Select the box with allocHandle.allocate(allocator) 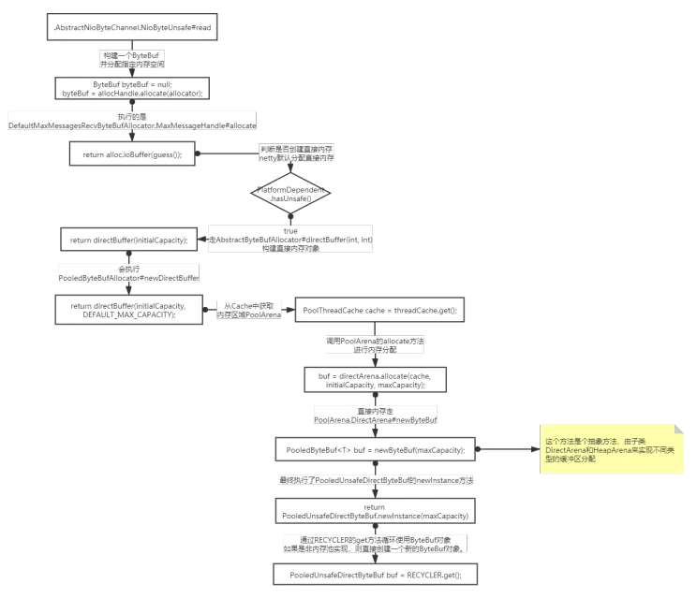[x=132, y=89]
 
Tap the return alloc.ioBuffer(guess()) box [x=132, y=153]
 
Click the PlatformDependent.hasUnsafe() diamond [x=289, y=195]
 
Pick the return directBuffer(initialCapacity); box [x=132, y=240]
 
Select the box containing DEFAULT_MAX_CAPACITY [x=134, y=311]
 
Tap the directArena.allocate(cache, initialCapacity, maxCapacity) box [x=376, y=380]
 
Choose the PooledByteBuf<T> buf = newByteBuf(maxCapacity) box [x=376, y=449]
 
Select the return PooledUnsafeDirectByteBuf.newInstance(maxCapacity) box [x=376, y=511]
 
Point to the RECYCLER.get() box [x=376, y=573]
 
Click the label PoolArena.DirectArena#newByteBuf [x=376, y=416]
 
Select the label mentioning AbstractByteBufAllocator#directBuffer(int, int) [x=289, y=241]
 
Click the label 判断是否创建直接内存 [x=296, y=154]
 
